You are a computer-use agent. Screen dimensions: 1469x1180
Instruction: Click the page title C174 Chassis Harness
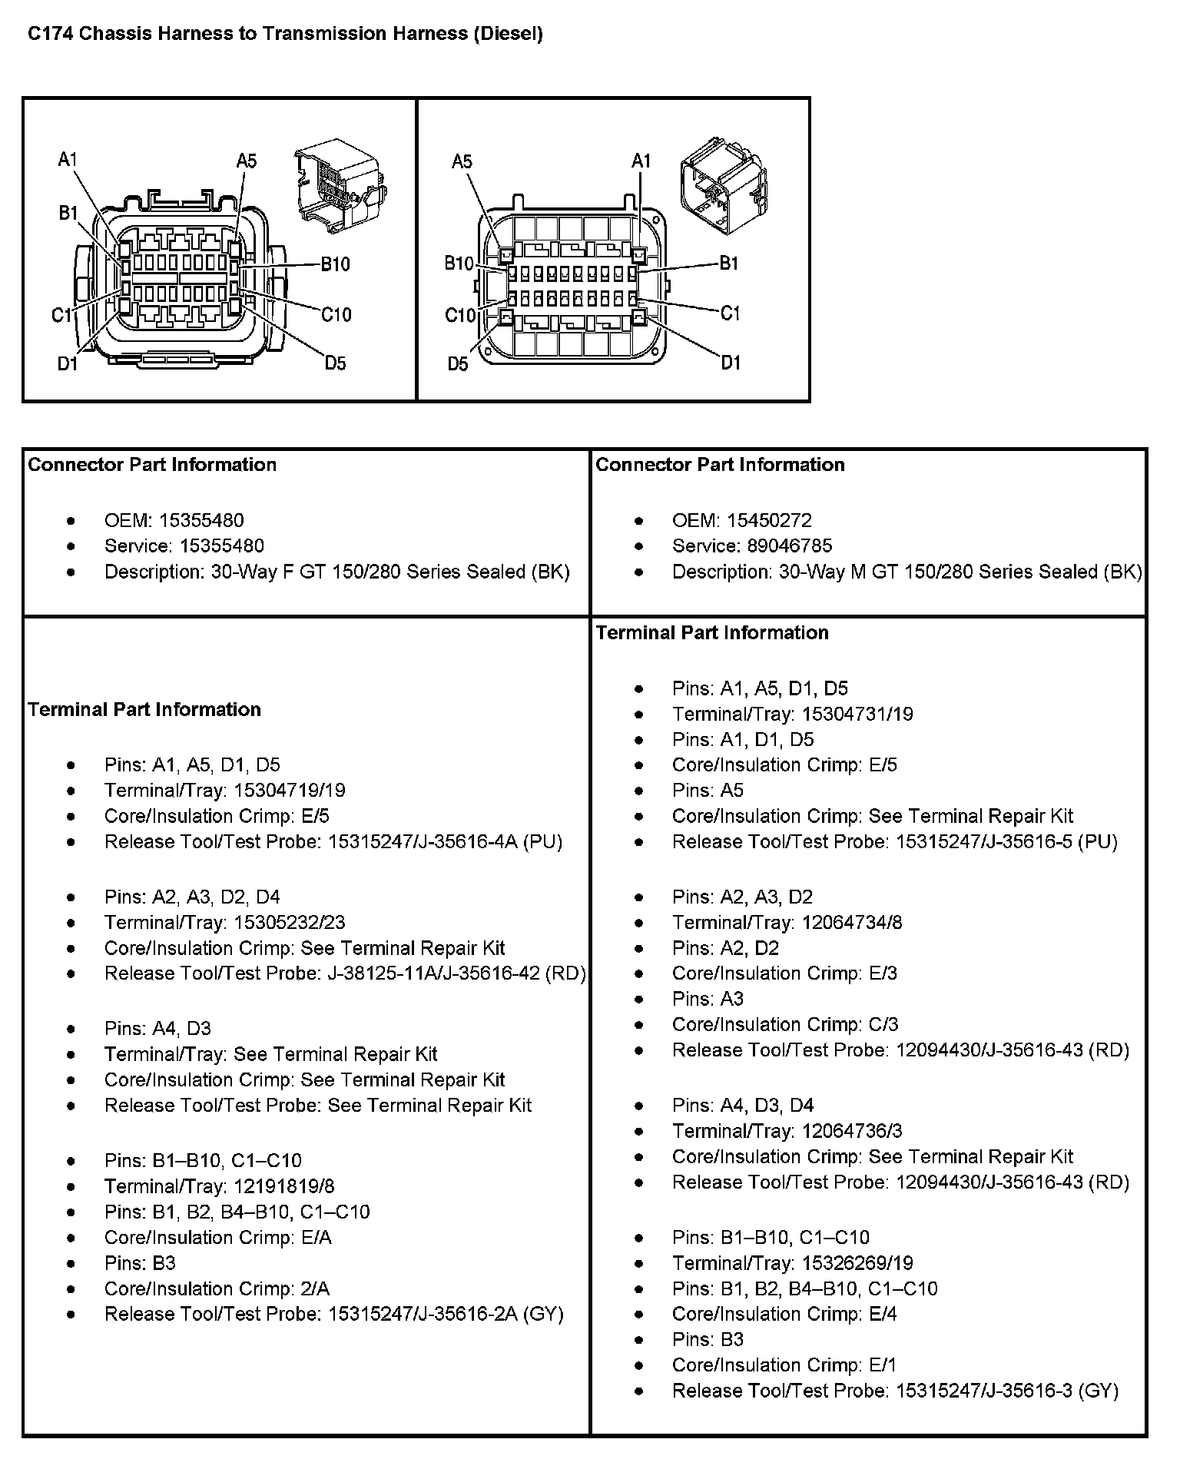click(285, 34)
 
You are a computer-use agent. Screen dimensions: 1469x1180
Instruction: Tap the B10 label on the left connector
click(335, 264)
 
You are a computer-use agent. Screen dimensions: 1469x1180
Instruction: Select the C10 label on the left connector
click(336, 314)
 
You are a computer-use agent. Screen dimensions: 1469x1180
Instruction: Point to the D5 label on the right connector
click(458, 363)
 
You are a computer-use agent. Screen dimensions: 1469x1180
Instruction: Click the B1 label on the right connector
click(728, 264)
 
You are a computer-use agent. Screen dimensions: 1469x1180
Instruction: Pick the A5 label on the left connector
click(247, 161)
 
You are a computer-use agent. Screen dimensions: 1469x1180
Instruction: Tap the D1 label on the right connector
click(731, 362)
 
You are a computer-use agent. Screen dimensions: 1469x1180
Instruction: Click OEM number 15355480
click(201, 520)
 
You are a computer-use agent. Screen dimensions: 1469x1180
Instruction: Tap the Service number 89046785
click(790, 545)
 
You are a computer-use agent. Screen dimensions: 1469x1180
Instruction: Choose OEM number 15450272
click(769, 520)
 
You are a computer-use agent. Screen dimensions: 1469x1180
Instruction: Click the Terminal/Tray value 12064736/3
click(852, 1130)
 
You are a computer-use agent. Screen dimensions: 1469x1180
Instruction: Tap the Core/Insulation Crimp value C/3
click(883, 1024)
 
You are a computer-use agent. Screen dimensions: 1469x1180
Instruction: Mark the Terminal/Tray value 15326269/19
click(857, 1262)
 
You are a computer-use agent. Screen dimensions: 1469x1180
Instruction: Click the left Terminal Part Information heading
click(144, 709)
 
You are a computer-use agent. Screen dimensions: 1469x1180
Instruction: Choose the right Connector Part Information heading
click(720, 464)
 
